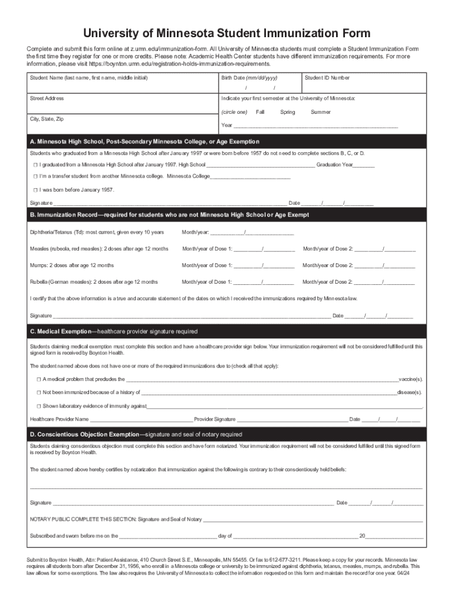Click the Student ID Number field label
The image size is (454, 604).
tap(327, 78)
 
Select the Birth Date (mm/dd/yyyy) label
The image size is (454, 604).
tap(249, 78)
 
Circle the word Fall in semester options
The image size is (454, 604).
tap(260, 112)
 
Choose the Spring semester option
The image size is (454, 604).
tap(288, 112)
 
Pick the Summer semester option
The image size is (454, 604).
tap(321, 112)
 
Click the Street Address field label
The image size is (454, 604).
tap(47, 99)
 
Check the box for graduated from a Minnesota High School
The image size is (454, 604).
tap(36, 165)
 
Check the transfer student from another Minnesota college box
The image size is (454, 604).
tap(36, 176)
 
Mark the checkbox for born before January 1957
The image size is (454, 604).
tap(36, 190)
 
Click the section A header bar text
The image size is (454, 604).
tap(144, 142)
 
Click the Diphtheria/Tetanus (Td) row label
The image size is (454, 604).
tap(97, 232)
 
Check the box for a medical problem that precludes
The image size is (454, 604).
tap(39, 379)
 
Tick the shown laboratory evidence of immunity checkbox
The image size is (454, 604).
tap(39, 406)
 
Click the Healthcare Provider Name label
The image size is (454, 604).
tap(60, 419)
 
